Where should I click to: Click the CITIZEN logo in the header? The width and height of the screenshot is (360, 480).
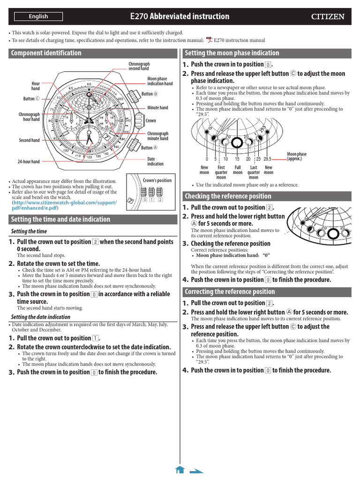[x=328, y=17]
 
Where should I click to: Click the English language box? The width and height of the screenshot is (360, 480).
[x=38, y=17]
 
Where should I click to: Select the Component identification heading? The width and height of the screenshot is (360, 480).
[x=46, y=53]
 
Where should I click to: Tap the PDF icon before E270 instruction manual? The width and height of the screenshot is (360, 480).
[x=209, y=40]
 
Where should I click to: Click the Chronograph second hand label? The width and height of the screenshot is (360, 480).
[x=139, y=66]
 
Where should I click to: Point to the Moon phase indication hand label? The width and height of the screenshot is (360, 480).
[x=160, y=81]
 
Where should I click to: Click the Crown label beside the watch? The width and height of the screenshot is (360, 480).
[x=151, y=120]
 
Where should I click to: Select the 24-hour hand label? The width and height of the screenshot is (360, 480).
[x=29, y=162]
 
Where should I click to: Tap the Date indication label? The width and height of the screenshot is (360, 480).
[x=155, y=161]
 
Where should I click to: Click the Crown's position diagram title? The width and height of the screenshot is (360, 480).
[x=157, y=180]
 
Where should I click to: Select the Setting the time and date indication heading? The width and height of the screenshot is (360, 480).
[x=60, y=219]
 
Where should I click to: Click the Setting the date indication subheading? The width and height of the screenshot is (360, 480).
[x=40, y=317]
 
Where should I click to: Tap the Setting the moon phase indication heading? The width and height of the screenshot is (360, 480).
[x=232, y=53]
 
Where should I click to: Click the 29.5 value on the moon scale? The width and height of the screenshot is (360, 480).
[x=267, y=159]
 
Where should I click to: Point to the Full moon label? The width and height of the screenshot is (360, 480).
[x=238, y=170]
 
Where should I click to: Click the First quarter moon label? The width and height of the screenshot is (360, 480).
[x=221, y=172]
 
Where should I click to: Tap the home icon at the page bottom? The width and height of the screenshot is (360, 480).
[x=180, y=470]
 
